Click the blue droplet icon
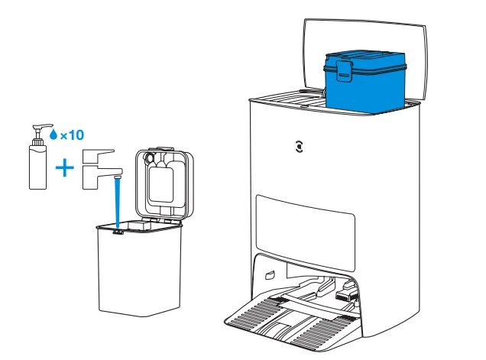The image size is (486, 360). pos(53,135)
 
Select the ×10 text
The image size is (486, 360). pos(71,135)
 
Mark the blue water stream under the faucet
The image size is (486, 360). pos(117,203)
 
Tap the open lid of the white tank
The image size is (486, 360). pos(164,180)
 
